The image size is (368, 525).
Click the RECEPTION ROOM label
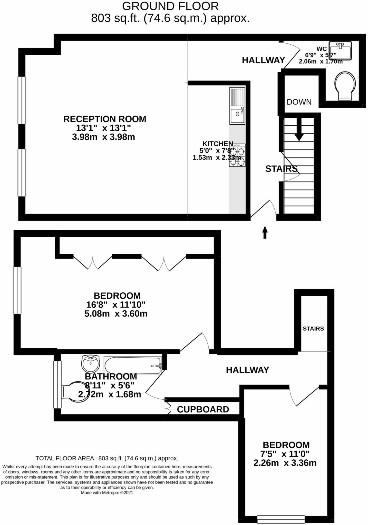click(x=105, y=119)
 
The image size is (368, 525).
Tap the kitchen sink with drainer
click(x=237, y=106)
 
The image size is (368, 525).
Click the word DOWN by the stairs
click(x=299, y=102)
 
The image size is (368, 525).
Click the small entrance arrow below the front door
click(x=265, y=232)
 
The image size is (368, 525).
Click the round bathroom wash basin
click(x=90, y=363)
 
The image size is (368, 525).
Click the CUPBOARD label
click(x=203, y=409)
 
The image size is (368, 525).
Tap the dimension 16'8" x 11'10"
click(x=116, y=305)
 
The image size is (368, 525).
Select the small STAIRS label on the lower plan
click(x=313, y=329)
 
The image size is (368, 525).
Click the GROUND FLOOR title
click(x=170, y=6)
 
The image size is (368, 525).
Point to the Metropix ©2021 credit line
click(x=107, y=493)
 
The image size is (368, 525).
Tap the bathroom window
click(x=57, y=384)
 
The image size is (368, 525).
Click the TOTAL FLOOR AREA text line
click(x=107, y=458)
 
